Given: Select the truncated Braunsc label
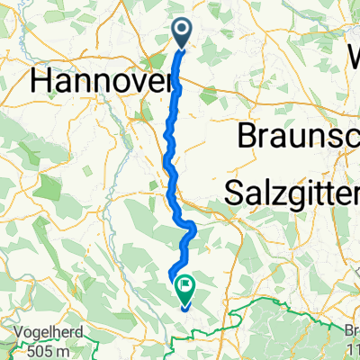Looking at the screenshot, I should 297,137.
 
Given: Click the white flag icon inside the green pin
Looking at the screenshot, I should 184,285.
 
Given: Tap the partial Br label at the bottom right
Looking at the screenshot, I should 351,330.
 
